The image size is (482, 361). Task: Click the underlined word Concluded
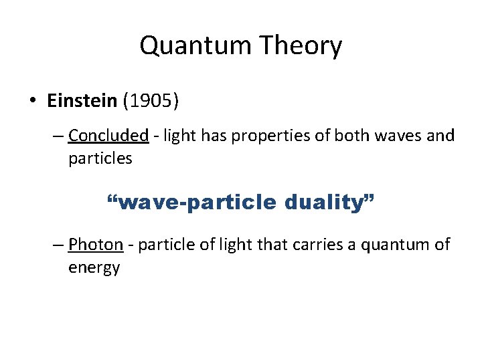pos(108,136)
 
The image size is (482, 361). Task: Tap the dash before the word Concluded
pos(58,136)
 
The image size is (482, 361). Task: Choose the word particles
pos(100,158)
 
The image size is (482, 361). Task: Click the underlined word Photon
pos(96,245)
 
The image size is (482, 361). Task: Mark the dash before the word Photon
pos(58,245)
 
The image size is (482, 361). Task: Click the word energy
pos(94,267)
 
